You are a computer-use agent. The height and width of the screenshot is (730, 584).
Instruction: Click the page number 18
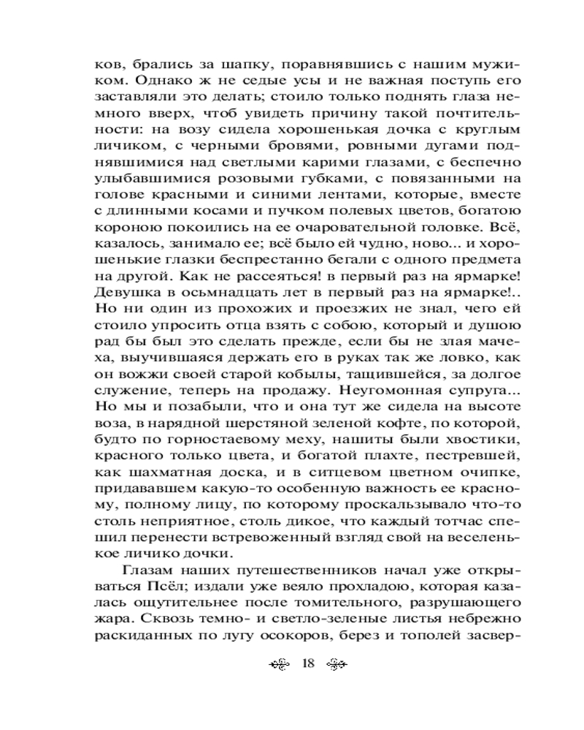307,664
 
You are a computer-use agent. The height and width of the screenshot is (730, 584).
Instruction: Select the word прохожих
225,307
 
